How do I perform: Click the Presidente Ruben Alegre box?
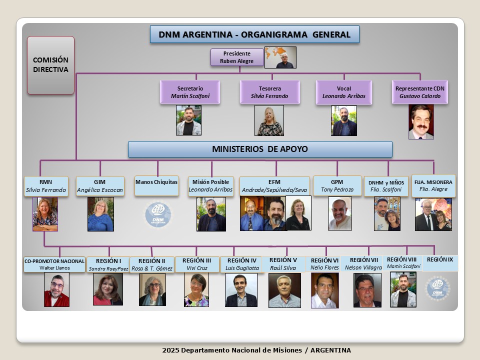coord(237,57)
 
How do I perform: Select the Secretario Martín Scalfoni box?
coord(190,92)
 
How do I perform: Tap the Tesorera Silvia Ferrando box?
coord(269,92)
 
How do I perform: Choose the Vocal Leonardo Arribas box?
coord(344,92)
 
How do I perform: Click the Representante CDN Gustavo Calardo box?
coord(420,92)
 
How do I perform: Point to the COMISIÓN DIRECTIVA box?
coord(51,65)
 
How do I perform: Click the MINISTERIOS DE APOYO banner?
coord(260,149)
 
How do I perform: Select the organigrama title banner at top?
coord(254,34)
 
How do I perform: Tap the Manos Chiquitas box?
coord(156,186)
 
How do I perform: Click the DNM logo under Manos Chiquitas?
coord(158,214)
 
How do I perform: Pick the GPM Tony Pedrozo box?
coord(337,185)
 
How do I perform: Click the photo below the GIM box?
coord(100,214)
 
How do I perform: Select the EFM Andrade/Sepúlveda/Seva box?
coord(274,186)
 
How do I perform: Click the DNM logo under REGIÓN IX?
coord(438,288)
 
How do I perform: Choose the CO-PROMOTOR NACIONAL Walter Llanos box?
coord(54,264)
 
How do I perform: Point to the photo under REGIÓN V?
coord(284,290)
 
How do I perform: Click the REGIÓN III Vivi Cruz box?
coord(197,264)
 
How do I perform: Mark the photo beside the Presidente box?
coord(280,57)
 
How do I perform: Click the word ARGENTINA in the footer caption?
coord(330,350)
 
